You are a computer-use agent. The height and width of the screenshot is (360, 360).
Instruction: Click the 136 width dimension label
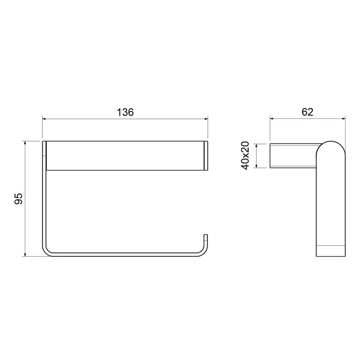coord(125,112)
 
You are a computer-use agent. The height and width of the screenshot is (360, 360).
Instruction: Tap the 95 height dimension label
coord(18,198)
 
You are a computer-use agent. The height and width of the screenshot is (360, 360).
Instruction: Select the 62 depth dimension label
coord(307,112)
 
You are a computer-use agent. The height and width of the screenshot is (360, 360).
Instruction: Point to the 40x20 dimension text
coord(245,156)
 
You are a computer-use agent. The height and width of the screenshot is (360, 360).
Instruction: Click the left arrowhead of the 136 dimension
coord(44,119)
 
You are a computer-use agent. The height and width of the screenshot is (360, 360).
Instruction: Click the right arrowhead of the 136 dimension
coord(206,119)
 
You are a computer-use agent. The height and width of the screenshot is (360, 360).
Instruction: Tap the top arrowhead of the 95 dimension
coord(25,143)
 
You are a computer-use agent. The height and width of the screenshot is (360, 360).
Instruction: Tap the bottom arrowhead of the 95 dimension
coord(25,254)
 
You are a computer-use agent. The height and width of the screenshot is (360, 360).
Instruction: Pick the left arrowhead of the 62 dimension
coord(272,118)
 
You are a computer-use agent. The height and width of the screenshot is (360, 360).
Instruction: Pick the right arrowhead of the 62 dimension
coord(343,118)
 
